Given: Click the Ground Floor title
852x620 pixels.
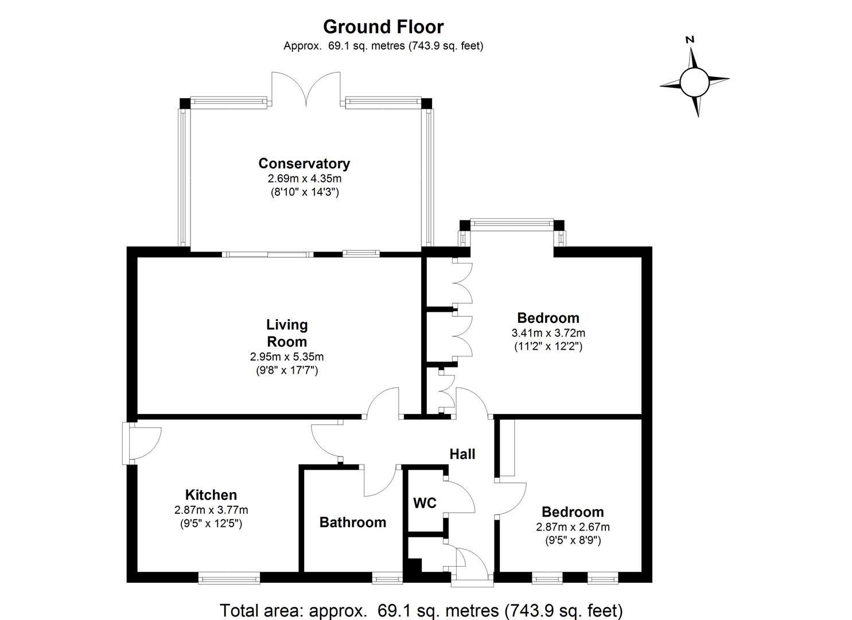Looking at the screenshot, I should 383,27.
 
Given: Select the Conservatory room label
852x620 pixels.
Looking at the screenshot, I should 304,164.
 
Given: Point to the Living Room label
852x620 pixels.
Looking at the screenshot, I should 287,333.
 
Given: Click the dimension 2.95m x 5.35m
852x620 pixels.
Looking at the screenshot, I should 287,357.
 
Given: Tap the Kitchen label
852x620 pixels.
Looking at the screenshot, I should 211,495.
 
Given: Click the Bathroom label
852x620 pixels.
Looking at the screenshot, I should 352,522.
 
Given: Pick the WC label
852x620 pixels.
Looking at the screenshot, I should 425,503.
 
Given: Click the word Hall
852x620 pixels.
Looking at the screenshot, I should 462,454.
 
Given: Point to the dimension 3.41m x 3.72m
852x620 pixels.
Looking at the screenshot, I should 548,333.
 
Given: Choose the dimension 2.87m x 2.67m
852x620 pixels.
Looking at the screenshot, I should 572,527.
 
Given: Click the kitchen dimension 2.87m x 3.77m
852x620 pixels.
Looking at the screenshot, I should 211,510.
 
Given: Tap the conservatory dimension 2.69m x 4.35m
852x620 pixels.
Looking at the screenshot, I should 304,179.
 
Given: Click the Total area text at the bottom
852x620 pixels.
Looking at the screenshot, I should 421,610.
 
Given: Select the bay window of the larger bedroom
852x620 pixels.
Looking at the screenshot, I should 512,222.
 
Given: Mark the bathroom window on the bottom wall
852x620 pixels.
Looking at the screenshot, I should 387,578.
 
